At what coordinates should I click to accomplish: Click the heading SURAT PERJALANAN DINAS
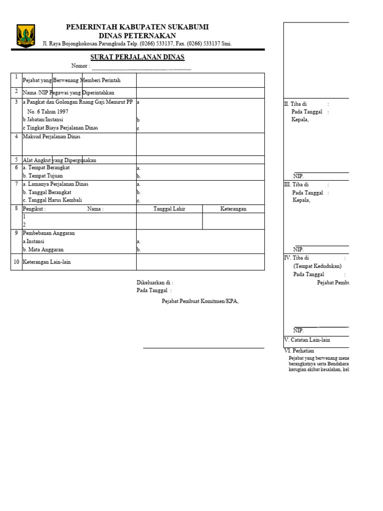tap(137, 57)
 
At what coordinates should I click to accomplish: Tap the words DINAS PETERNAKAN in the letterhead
tap(137, 35)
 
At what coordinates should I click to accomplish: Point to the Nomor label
tap(81, 66)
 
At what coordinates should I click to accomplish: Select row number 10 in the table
tap(16, 262)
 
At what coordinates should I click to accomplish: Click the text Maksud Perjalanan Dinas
tap(51, 136)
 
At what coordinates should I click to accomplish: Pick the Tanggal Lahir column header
tap(169, 209)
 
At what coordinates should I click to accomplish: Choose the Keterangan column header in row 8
tap(233, 209)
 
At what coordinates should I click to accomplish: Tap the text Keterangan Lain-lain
tap(47, 262)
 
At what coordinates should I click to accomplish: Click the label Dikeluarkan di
tap(155, 282)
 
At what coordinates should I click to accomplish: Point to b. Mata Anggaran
tap(43, 250)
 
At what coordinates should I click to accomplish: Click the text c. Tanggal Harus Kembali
tap(52, 200)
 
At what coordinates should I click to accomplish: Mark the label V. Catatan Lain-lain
tap(307, 340)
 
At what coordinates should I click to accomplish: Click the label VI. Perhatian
tap(299, 351)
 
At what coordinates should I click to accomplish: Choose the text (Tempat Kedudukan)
tap(317, 266)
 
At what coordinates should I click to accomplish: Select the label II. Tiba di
tap(296, 104)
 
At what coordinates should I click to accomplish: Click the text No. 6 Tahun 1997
tap(48, 112)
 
